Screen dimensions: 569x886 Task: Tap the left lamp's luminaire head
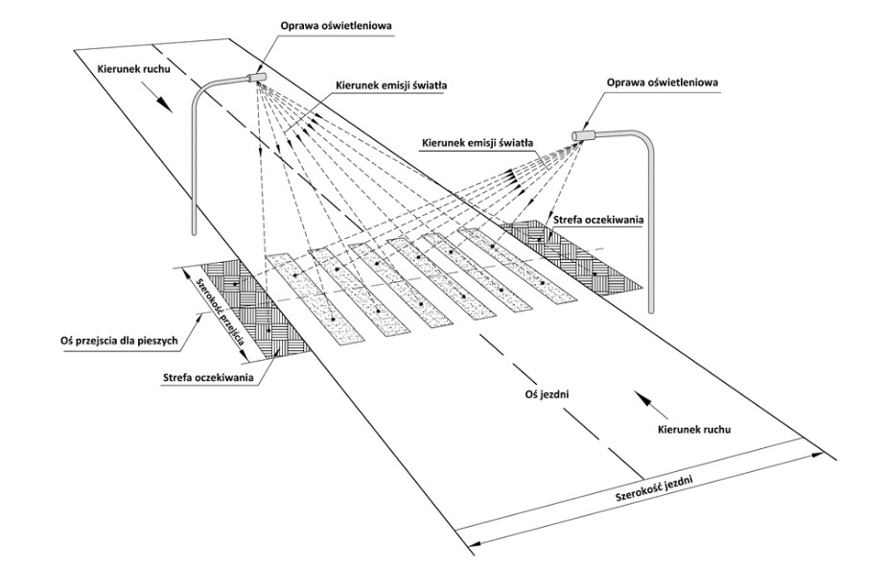coord(256,76)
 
